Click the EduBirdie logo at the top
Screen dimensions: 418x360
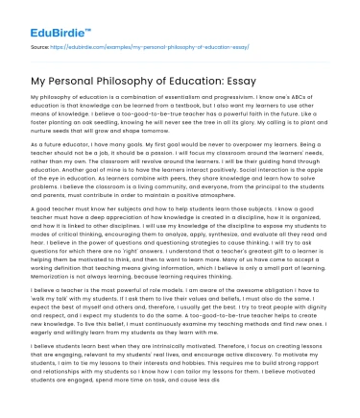(x=55, y=15)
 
